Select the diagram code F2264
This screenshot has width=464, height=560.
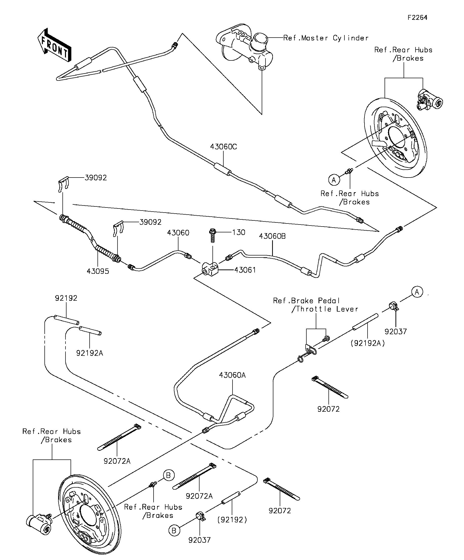(417, 18)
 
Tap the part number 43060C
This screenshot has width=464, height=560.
(223, 147)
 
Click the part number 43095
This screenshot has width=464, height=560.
(98, 271)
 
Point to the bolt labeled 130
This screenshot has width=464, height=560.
(213, 235)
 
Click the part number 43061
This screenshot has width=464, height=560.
(245, 270)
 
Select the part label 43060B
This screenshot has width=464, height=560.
(272, 236)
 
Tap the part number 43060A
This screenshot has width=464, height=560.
(233, 375)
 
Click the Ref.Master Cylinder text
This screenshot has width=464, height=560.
(326, 38)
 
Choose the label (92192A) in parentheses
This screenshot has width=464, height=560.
(368, 343)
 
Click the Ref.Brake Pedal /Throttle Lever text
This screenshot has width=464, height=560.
(316, 305)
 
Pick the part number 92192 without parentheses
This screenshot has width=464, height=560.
(66, 298)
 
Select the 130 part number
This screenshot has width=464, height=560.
(239, 232)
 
